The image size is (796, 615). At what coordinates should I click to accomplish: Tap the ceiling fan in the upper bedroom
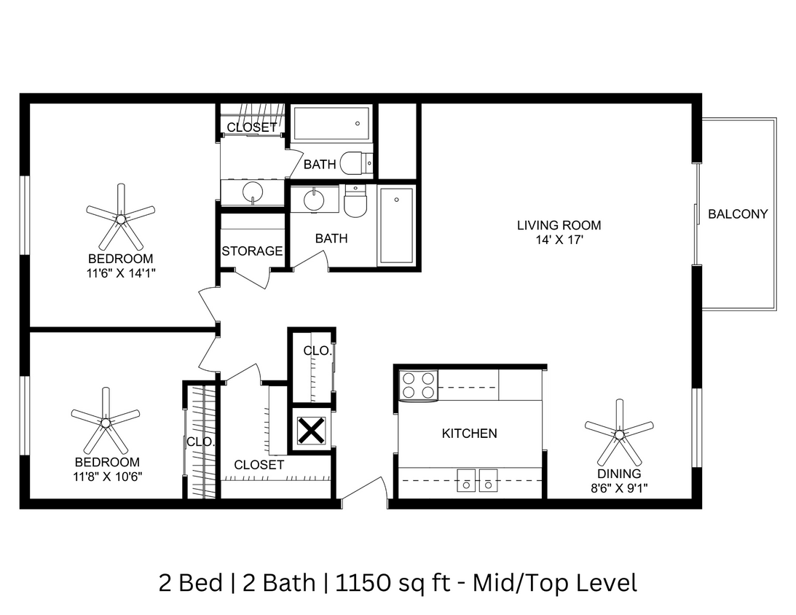click(x=121, y=216)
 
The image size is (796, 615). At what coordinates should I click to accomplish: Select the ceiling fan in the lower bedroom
click(x=106, y=422)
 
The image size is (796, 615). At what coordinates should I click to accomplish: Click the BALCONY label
click(x=738, y=214)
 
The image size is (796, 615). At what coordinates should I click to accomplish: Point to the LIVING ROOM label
click(x=559, y=225)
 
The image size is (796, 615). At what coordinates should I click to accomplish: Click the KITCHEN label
click(x=469, y=434)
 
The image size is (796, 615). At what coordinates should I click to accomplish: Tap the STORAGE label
click(x=252, y=251)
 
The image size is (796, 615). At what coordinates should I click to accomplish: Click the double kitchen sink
click(x=477, y=480)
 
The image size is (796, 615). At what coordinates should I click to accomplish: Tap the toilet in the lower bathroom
click(x=355, y=203)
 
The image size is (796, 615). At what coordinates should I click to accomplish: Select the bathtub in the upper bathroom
click(x=331, y=124)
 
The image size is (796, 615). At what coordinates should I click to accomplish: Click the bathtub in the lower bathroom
click(x=396, y=225)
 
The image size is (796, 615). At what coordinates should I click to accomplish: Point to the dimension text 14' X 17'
click(x=559, y=238)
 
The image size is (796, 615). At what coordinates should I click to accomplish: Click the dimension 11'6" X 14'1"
click(x=121, y=273)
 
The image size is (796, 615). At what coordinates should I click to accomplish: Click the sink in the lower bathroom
click(x=314, y=200)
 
